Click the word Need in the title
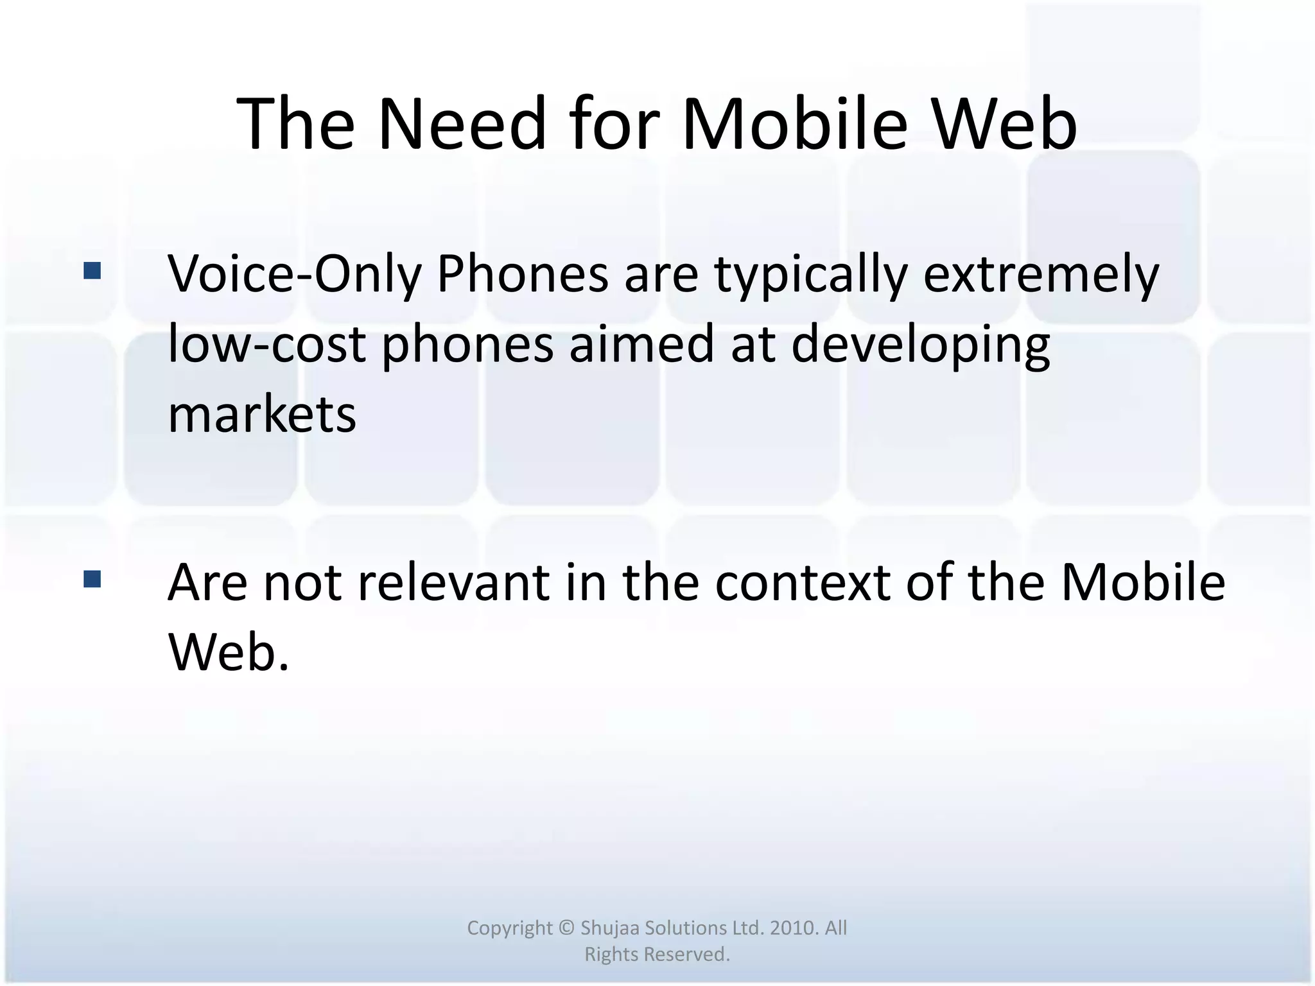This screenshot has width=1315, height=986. tap(462, 123)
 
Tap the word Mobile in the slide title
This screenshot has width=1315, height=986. tap(794, 123)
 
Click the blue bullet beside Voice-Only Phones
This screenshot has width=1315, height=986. tap(92, 271)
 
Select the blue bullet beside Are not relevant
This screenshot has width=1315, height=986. tap(92, 580)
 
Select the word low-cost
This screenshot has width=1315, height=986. tap(266, 344)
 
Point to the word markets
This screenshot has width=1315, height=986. tap(262, 414)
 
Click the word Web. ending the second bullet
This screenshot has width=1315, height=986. tap(229, 652)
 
